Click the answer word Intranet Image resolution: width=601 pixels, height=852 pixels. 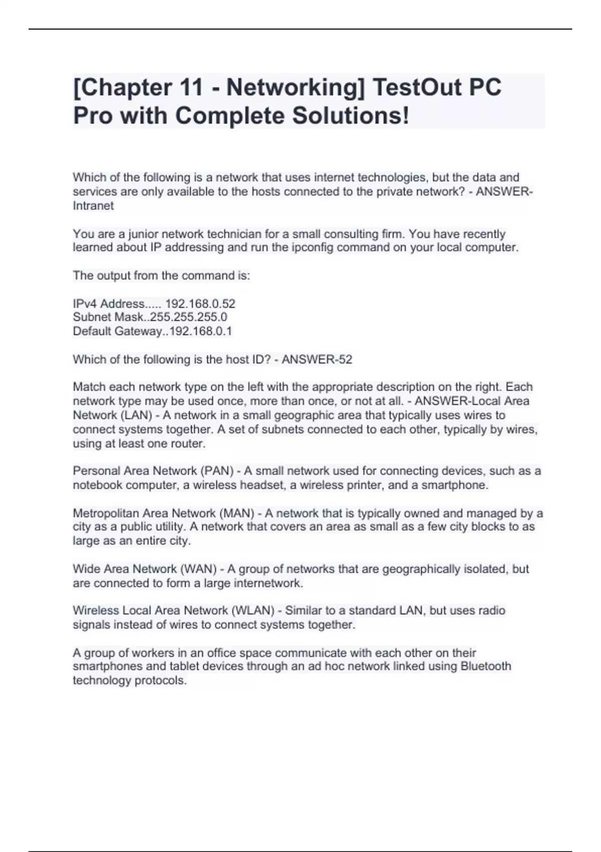pyautogui.click(x=93, y=205)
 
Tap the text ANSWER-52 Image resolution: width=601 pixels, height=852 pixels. pyautogui.click(x=317, y=359)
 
